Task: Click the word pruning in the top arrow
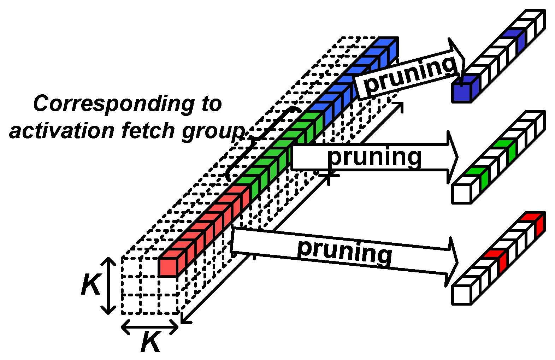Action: point(410,75)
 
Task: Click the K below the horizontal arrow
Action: point(150,342)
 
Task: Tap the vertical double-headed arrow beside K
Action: point(108,285)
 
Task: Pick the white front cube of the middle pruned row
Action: point(461,194)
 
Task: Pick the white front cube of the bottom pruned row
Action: point(461,294)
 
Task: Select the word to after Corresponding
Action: point(212,104)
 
